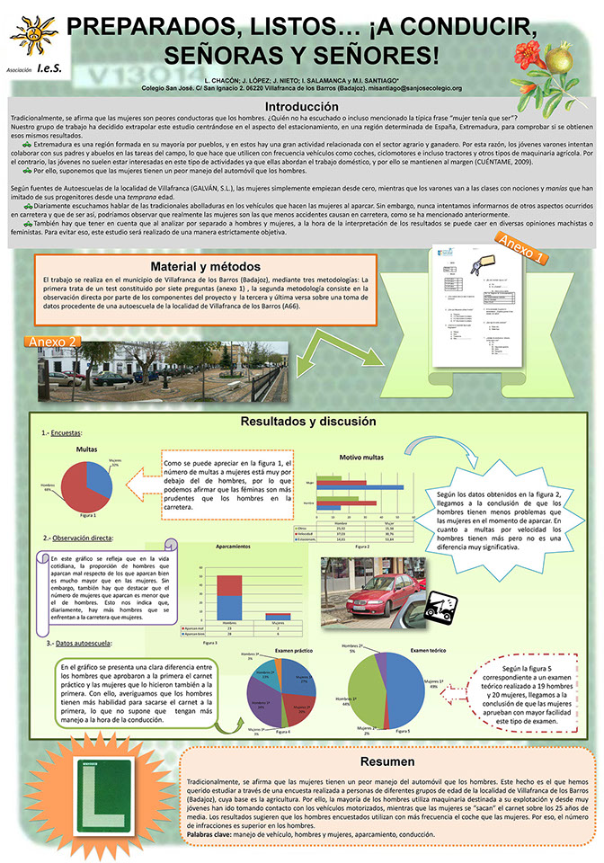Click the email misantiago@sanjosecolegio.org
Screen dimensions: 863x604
pyautogui.click(x=411, y=88)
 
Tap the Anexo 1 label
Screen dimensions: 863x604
pyautogui.click(x=521, y=248)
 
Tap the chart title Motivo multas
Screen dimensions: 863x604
pyautogui.click(x=361, y=458)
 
